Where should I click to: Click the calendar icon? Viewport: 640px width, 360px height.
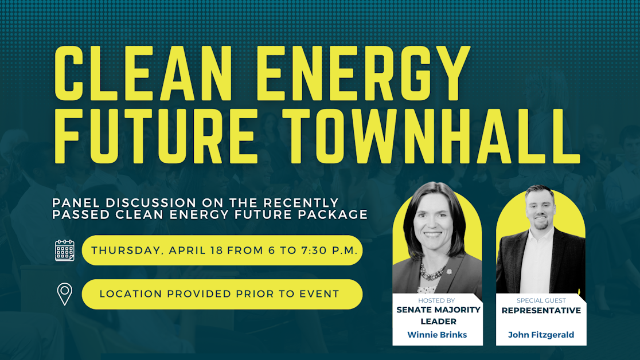pos(65,251)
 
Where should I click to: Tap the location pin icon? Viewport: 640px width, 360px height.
pos(65,294)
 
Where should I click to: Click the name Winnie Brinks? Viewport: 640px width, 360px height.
pos(437,335)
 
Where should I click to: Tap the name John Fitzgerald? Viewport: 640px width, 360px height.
pos(541,335)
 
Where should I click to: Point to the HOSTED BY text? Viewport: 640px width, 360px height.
pos(437,300)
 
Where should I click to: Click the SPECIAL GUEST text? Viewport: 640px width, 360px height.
pos(541,300)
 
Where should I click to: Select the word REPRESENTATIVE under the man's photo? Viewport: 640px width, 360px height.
pos(541,311)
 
